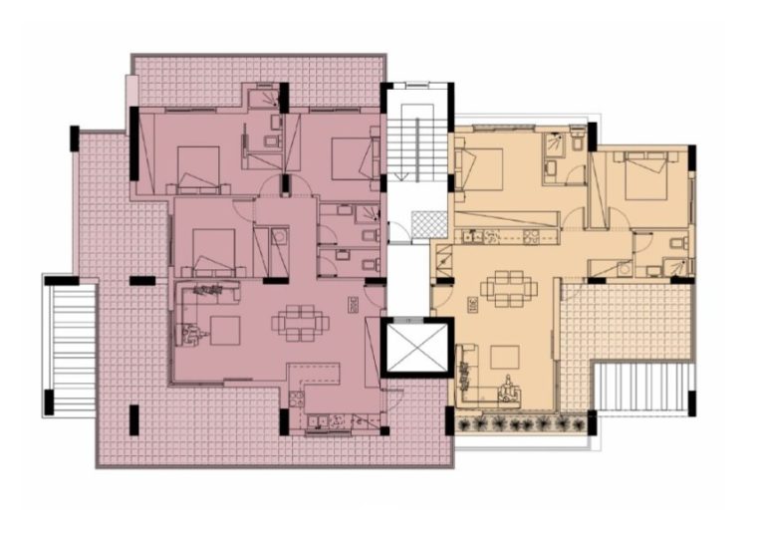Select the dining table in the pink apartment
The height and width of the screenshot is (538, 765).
click(297, 322)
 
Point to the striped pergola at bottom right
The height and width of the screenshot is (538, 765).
click(641, 388)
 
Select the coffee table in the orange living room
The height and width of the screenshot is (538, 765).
click(503, 357)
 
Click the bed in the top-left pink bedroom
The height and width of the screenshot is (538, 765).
click(197, 163)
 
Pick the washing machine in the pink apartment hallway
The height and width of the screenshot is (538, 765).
click(280, 237)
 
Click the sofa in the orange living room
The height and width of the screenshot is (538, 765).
click(467, 369)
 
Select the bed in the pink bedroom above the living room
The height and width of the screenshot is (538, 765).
click(212, 247)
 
